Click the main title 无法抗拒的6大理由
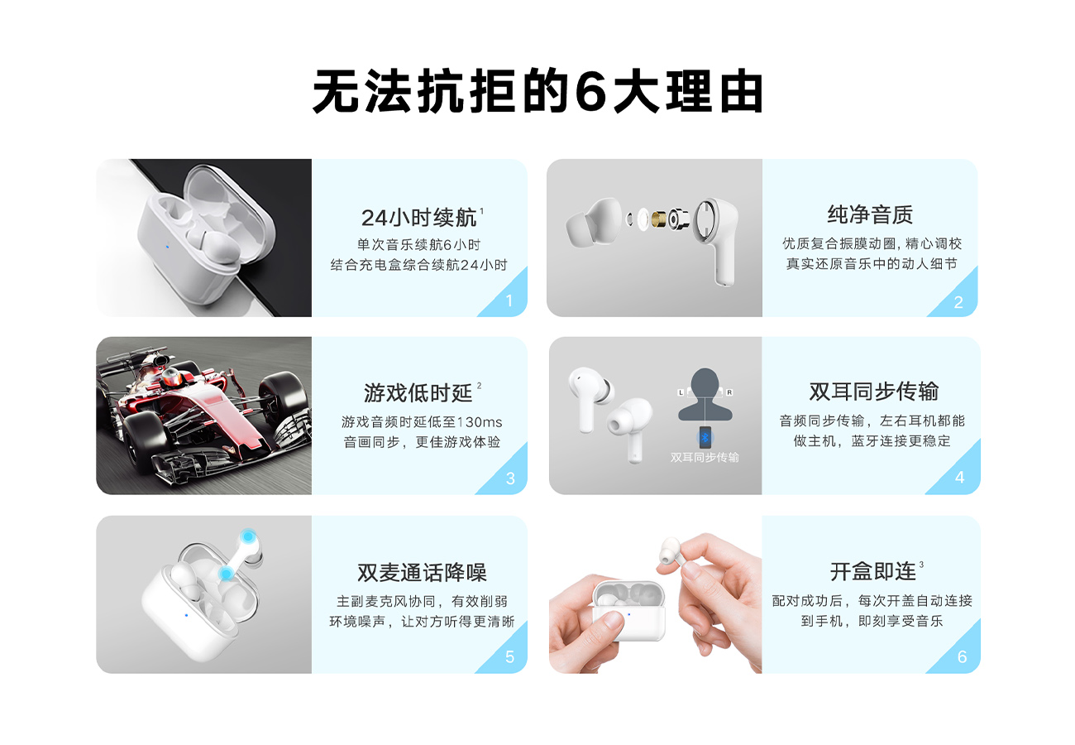tap(537, 91)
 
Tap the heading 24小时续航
tap(419, 218)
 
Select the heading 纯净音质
tap(870, 214)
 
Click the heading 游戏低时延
tap(418, 393)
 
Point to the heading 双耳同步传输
tap(874, 391)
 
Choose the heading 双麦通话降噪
tap(422, 572)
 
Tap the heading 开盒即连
tap(873, 572)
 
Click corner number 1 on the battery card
tap(509, 301)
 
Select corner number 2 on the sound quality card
tap(958, 302)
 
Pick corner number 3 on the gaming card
tap(510, 478)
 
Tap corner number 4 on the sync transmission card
tap(960, 478)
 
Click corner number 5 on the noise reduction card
tap(509, 656)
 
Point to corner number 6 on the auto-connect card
tap(963, 656)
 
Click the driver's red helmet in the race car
tap(172, 377)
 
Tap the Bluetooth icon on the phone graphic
tap(705, 438)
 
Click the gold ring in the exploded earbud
tap(659, 219)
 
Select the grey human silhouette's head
tap(705, 382)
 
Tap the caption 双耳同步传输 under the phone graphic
tap(705, 457)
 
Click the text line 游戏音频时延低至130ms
tap(422, 422)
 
